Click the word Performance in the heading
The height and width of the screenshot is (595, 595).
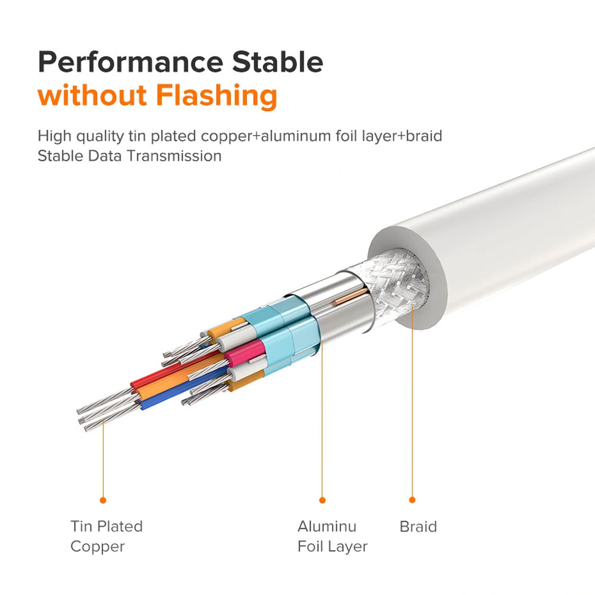coord(130,62)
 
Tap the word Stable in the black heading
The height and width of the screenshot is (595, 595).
coord(277,61)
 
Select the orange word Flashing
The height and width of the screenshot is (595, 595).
coord(217,96)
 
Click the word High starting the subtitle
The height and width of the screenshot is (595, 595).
coord(54,136)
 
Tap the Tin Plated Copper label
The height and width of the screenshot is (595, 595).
coord(107,536)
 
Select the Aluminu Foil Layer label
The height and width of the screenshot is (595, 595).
coord(333,536)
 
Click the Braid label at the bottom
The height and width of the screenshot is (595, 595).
coord(418,527)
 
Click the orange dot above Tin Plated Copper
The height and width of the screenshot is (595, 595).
coord(103,500)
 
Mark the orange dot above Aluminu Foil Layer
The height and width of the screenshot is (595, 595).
coord(322,500)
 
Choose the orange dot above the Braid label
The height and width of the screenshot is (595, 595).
coord(412,500)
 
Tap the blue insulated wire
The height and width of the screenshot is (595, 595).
coord(182,391)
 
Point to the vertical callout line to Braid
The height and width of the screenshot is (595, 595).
coord(412,402)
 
